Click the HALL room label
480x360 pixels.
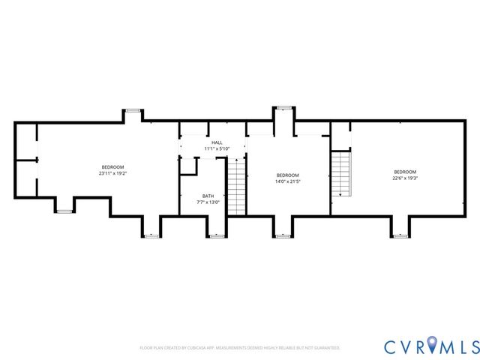pyautogui.click(x=217, y=142)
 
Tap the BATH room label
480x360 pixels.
pyautogui.click(x=208, y=196)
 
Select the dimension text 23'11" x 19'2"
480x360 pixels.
pyautogui.click(x=113, y=172)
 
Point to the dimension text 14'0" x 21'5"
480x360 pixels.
pyautogui.click(x=287, y=181)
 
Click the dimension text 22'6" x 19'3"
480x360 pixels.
pyautogui.click(x=403, y=178)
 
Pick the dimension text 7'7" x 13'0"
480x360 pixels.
pyautogui.click(x=208, y=202)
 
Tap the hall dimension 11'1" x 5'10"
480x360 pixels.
pyautogui.click(x=217, y=148)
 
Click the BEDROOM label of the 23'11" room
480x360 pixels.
pyautogui.click(x=113, y=166)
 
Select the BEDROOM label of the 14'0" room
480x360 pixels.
pyautogui.click(x=287, y=175)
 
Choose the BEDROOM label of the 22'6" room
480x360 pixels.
pyautogui.click(x=403, y=172)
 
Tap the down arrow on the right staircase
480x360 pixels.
pyautogui.click(x=340, y=194)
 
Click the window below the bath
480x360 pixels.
pyautogui.click(x=217, y=235)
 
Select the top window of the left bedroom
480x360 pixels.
pyautogui.click(x=133, y=110)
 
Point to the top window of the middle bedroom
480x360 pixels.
pyautogui.click(x=283, y=108)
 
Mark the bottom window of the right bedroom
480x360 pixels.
pyautogui.click(x=400, y=235)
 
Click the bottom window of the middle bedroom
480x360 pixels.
pyautogui.click(x=283, y=235)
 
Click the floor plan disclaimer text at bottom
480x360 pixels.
pyautogui.click(x=240, y=348)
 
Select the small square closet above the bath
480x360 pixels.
pyautogui.click(x=187, y=165)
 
